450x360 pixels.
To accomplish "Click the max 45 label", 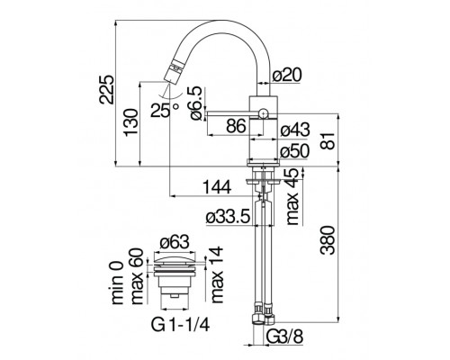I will tap(291, 192).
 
